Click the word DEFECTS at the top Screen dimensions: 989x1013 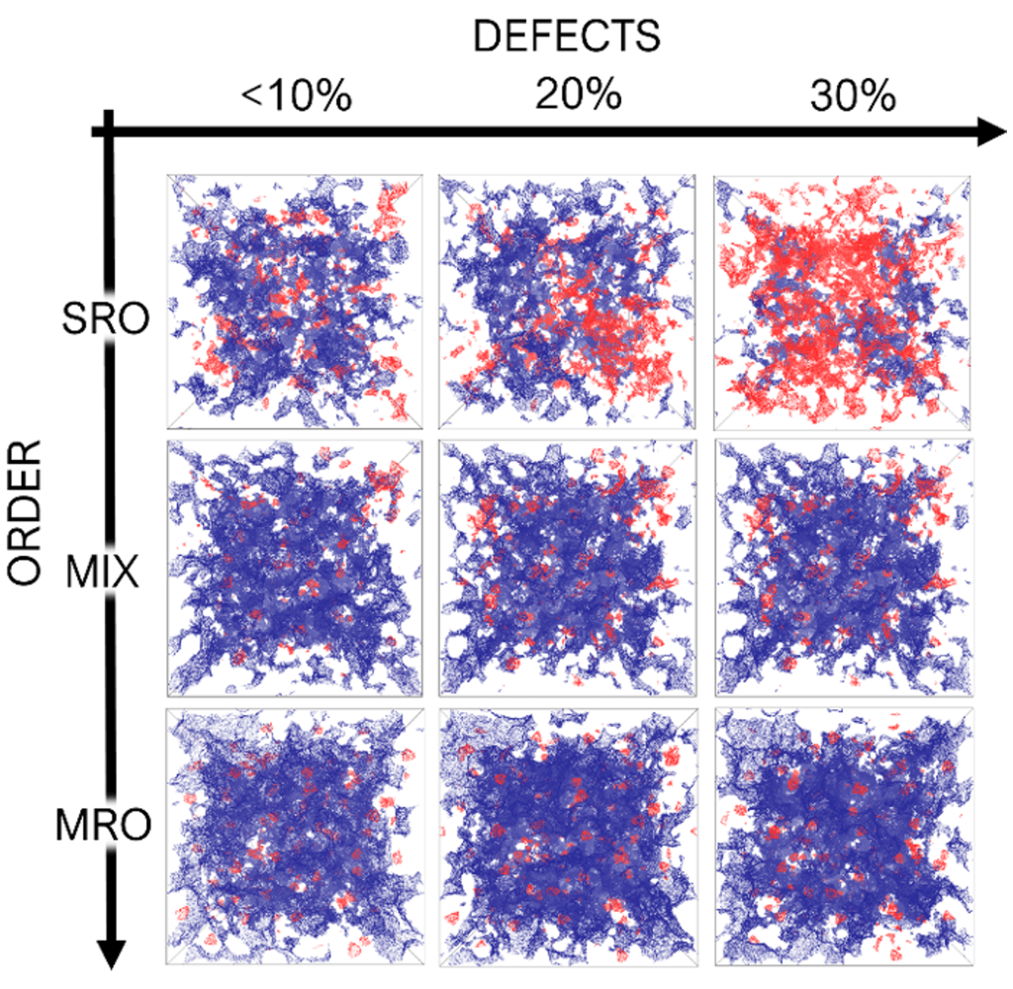pos(566,37)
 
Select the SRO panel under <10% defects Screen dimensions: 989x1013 pos(296,302)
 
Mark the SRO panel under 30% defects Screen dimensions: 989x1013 pos(842,302)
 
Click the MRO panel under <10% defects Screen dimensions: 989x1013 pos(296,836)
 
